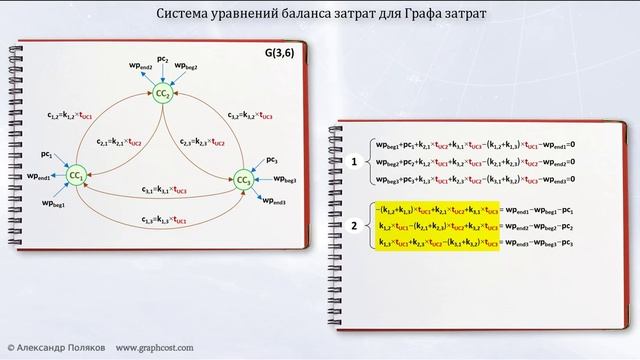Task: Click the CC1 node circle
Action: [75, 176]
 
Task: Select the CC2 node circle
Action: [161, 94]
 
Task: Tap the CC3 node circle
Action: [243, 180]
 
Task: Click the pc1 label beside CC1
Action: [46, 155]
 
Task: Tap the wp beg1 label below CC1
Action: [54, 202]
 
